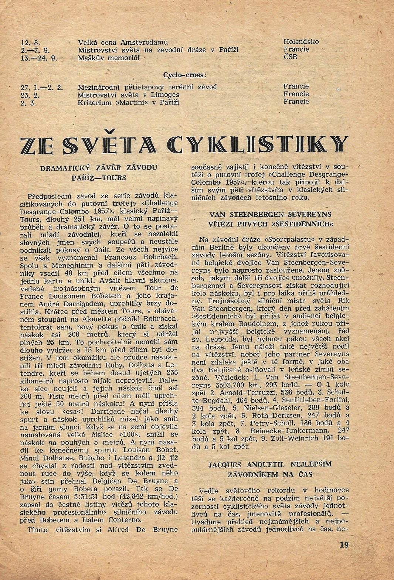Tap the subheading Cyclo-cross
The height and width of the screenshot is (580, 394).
coord(184,75)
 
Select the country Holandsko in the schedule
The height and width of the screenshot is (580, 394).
coord(301,42)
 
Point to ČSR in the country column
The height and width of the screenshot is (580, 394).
coord(291,57)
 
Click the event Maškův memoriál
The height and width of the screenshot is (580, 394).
coord(109,58)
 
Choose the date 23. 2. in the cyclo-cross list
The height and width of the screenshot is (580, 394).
coord(31,95)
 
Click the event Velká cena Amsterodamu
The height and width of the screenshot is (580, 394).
coord(123,42)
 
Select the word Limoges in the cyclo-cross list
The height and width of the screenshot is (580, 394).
coord(163,95)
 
